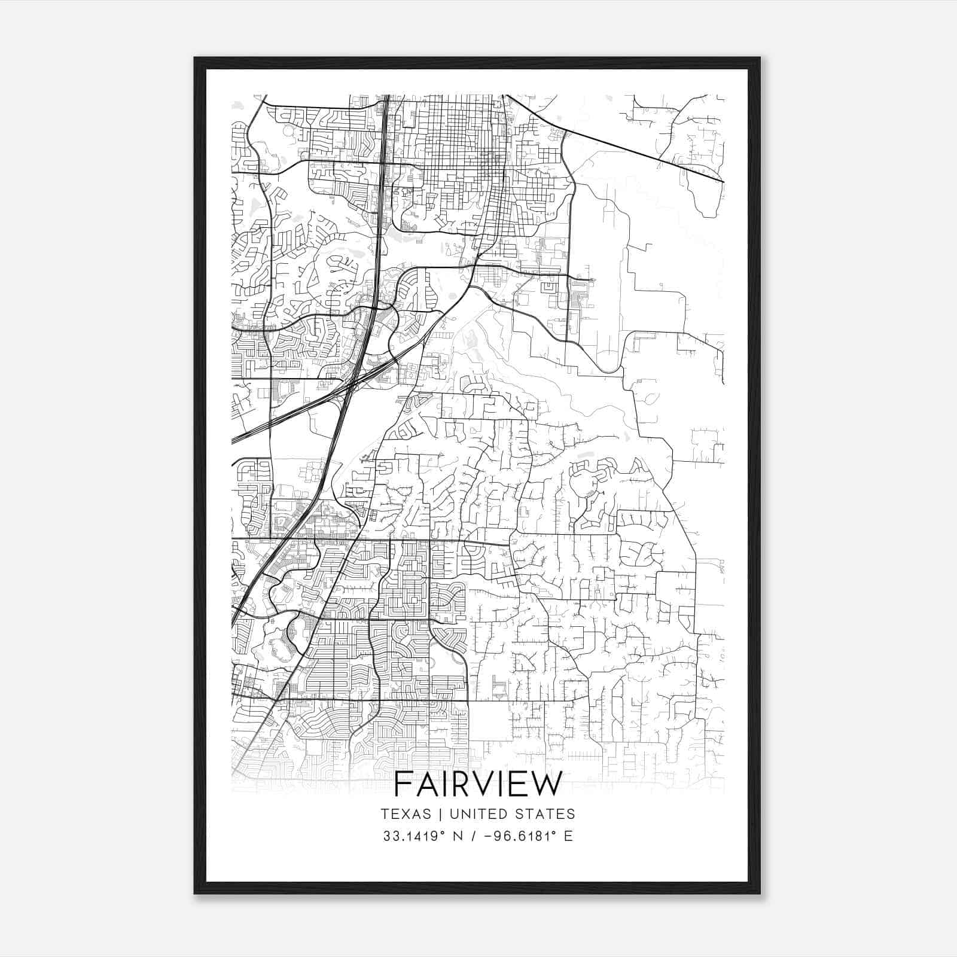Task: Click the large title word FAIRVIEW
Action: tap(478, 784)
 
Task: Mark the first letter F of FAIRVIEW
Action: tap(403, 784)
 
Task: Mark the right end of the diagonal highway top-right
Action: tap(723, 181)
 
